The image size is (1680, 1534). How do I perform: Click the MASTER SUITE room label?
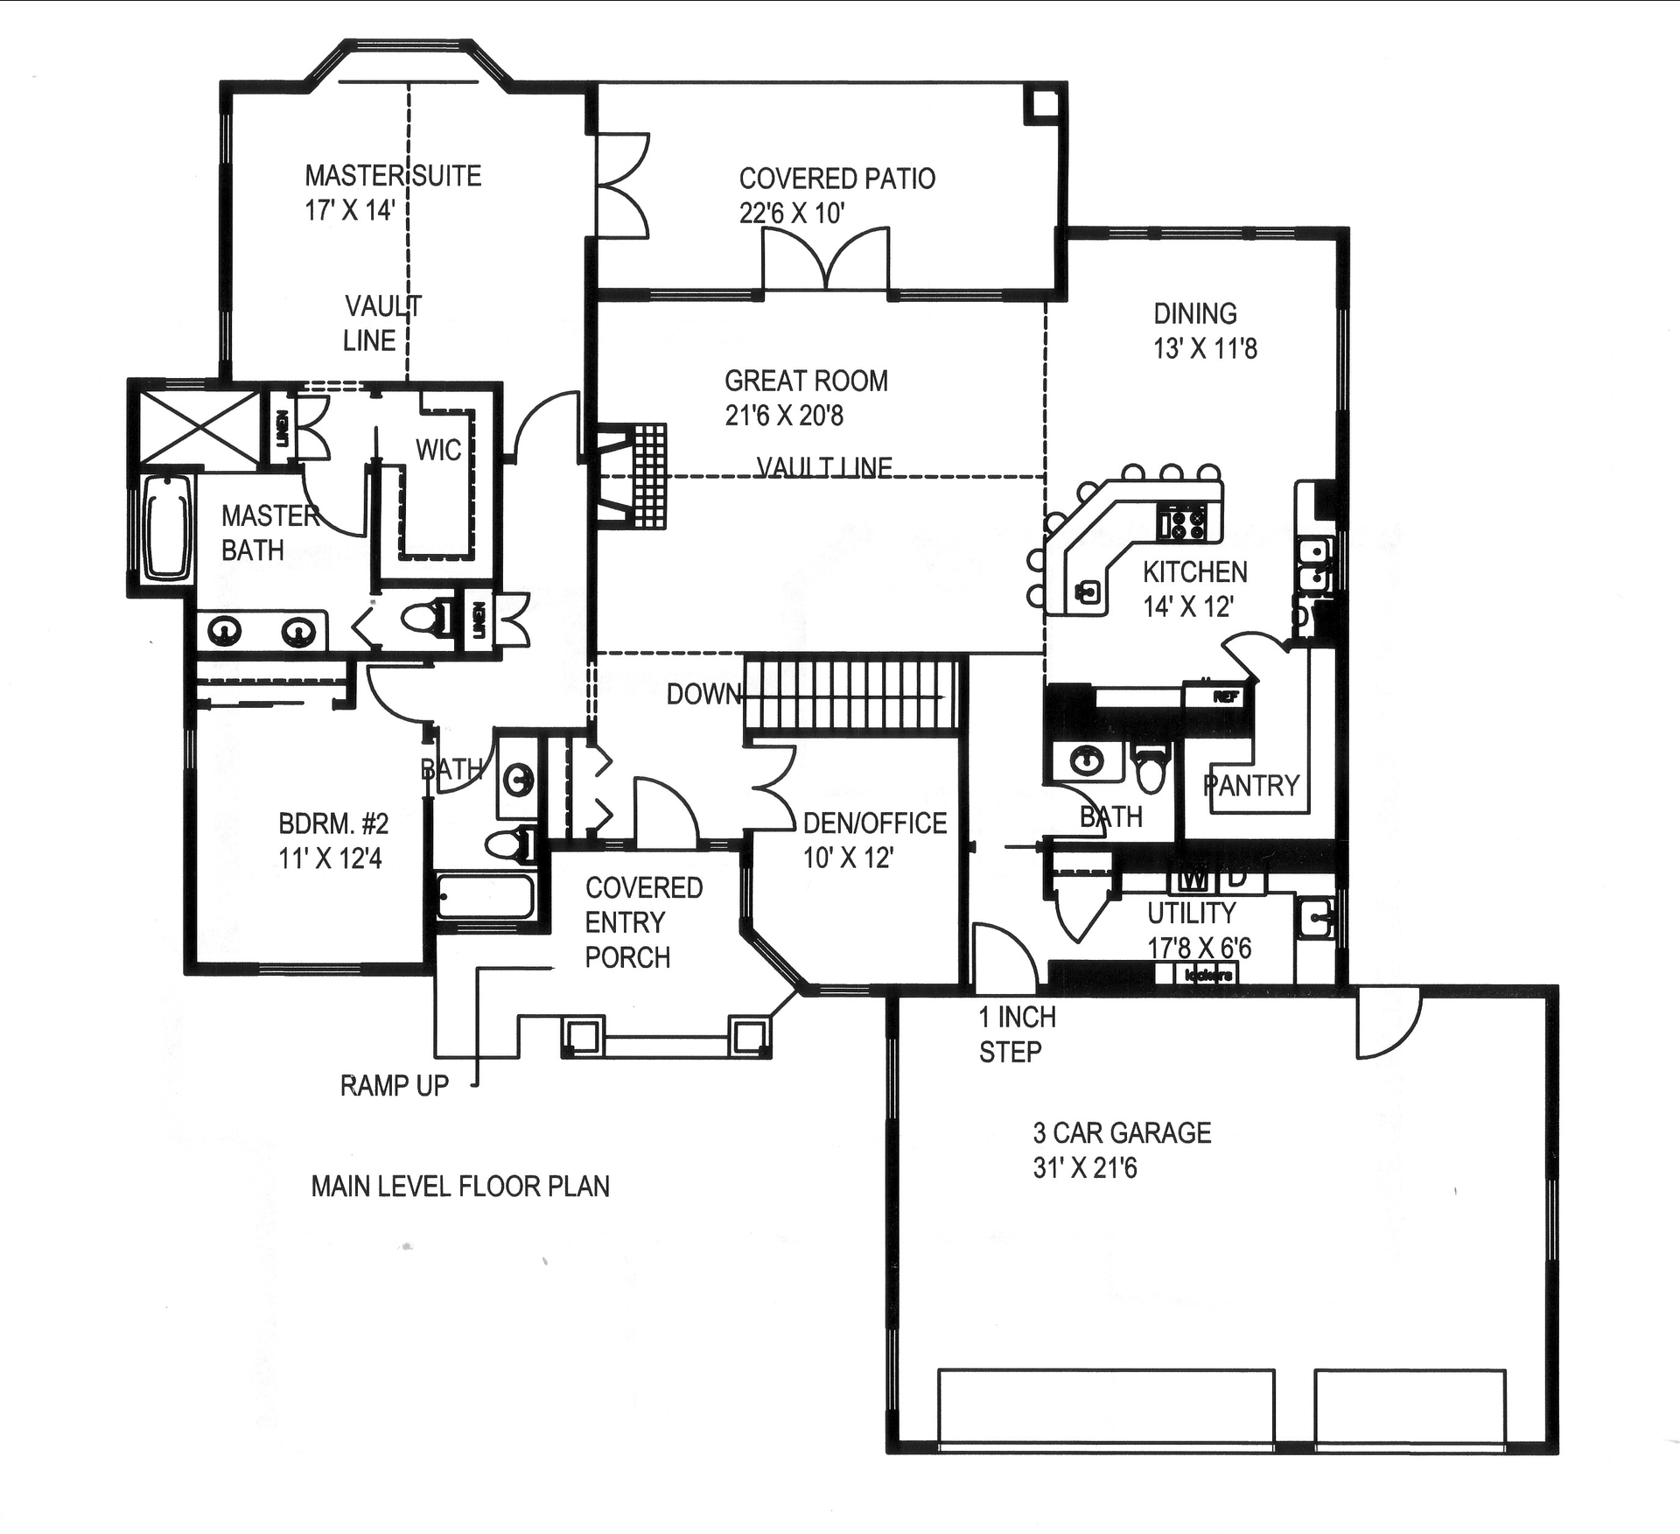[393, 177]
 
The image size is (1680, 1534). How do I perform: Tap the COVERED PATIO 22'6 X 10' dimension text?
[792, 214]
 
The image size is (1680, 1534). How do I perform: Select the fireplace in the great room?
[633, 476]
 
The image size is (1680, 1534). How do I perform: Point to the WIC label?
[437, 451]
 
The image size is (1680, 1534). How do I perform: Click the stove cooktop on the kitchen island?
[1183, 522]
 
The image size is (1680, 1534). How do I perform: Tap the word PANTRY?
[1251, 785]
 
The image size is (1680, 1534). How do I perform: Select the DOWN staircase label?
[703, 695]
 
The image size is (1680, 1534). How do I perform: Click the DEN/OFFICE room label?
[874, 823]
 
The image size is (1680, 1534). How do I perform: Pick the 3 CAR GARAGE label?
[1122, 1133]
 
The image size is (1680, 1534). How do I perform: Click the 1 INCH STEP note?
[1017, 1034]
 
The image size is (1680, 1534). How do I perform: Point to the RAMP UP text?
[394, 1086]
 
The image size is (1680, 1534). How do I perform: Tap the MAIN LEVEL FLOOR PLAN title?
[460, 1187]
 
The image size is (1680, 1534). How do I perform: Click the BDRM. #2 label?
[332, 824]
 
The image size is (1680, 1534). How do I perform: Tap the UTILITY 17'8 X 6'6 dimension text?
[1199, 948]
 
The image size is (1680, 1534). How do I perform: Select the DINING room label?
[1194, 314]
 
